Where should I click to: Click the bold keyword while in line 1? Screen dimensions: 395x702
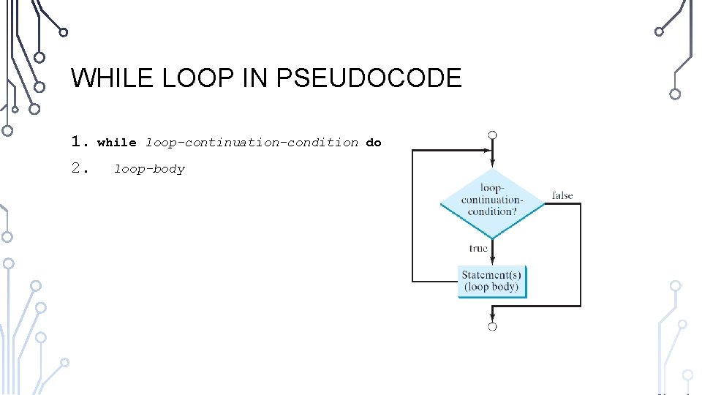tap(117, 143)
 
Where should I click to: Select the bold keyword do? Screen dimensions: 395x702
tap(374, 143)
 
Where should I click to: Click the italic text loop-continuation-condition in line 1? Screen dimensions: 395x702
tap(252, 143)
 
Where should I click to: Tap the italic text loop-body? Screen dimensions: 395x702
tap(149, 169)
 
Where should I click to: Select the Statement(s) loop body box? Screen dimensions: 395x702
tap(492, 281)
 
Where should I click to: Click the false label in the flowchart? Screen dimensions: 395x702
tap(562, 195)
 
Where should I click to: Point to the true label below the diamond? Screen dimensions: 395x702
tap(478, 249)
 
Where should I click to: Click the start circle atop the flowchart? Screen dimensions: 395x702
tap(493, 135)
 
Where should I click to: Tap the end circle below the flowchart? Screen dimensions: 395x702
tap(493, 326)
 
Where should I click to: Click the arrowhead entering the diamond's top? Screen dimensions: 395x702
tap(493, 164)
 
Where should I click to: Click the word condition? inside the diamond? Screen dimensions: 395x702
tap(492, 211)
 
